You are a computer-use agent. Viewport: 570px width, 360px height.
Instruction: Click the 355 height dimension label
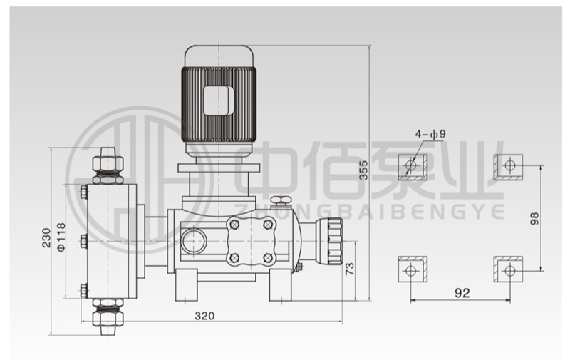(363, 170)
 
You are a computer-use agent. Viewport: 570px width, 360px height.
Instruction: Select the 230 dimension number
(46, 238)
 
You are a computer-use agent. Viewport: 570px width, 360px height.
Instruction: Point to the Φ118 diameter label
(61, 237)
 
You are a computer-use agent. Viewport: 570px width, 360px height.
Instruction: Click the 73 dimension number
(349, 268)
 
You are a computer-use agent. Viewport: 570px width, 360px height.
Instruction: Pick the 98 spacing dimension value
(534, 218)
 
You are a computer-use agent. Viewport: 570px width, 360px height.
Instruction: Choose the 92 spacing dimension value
(462, 293)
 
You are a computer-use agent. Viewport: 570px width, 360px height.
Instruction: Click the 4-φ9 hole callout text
(430, 134)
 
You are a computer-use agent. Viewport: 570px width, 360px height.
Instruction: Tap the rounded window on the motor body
(218, 101)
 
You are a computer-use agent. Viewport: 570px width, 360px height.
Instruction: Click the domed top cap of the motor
(219, 56)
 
